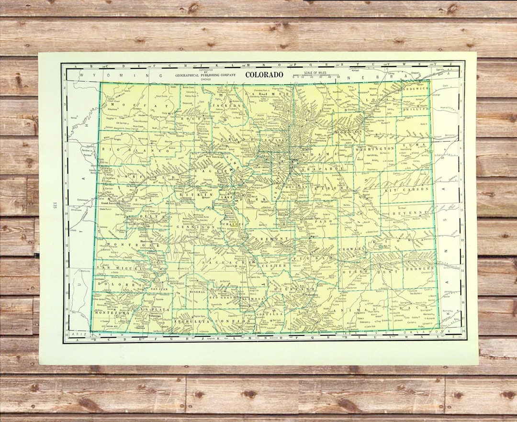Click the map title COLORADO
264,75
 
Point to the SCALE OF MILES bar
312,76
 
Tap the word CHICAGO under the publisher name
205,79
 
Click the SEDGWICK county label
417,89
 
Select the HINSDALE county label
177,283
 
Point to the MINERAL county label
197,291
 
